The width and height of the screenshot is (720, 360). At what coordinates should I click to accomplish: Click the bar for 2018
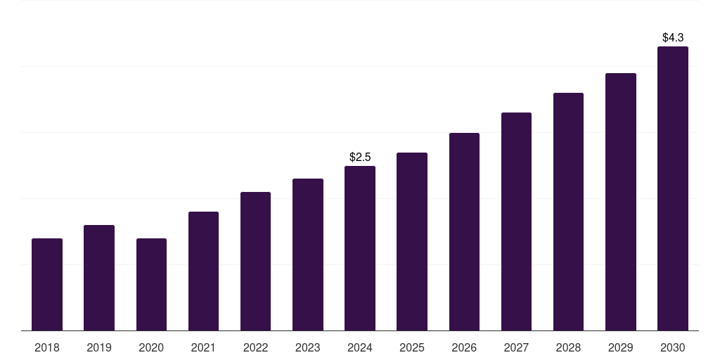coord(47,285)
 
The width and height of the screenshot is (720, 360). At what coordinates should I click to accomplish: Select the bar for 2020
coord(151,285)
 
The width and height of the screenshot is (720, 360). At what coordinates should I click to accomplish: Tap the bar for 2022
coord(255,262)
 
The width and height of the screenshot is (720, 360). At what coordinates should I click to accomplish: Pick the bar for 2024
coord(360,248)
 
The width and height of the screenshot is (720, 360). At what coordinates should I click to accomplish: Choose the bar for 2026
coord(464,232)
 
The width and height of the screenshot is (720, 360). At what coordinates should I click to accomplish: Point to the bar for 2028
coord(568,212)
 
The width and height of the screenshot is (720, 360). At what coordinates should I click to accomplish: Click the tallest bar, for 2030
coord(673,188)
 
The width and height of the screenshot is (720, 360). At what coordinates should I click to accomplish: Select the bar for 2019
coord(99,278)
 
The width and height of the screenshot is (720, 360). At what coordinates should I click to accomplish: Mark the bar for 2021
coord(203,271)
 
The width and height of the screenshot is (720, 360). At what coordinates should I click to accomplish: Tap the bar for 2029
coord(621,202)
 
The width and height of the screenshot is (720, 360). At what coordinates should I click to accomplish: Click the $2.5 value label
coord(360,157)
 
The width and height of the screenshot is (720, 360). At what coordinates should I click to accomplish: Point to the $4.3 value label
coord(673,37)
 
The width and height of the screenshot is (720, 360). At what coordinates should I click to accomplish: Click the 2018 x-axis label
coord(47,347)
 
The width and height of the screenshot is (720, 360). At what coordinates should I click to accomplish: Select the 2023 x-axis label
coord(308,347)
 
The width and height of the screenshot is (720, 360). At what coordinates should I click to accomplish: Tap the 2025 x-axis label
coord(412,347)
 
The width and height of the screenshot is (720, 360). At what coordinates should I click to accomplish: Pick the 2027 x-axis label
coord(516,347)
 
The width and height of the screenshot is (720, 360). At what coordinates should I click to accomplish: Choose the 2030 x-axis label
coord(673,347)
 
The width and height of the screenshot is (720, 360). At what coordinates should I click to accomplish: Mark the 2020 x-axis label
coord(151,347)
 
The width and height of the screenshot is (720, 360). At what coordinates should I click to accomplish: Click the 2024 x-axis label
coord(360,347)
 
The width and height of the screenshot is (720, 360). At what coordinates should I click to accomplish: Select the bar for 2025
coord(412,242)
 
